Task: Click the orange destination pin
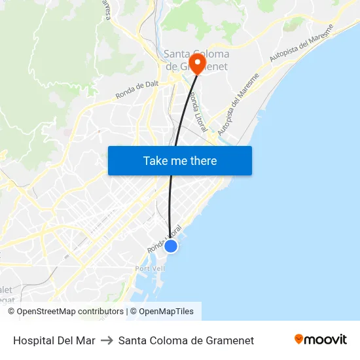pos(196,62)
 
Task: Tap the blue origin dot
pos(170,246)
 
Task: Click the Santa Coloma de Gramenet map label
pos(196,60)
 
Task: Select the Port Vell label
pos(149,269)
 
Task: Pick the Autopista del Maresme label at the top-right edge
pos(302,44)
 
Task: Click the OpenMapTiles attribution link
pos(166,312)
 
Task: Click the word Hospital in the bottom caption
pos(33,340)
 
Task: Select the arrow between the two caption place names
pos(107,340)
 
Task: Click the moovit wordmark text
pos(325,339)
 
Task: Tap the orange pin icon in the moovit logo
pos(299,339)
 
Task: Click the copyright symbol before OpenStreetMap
pos(12,312)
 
